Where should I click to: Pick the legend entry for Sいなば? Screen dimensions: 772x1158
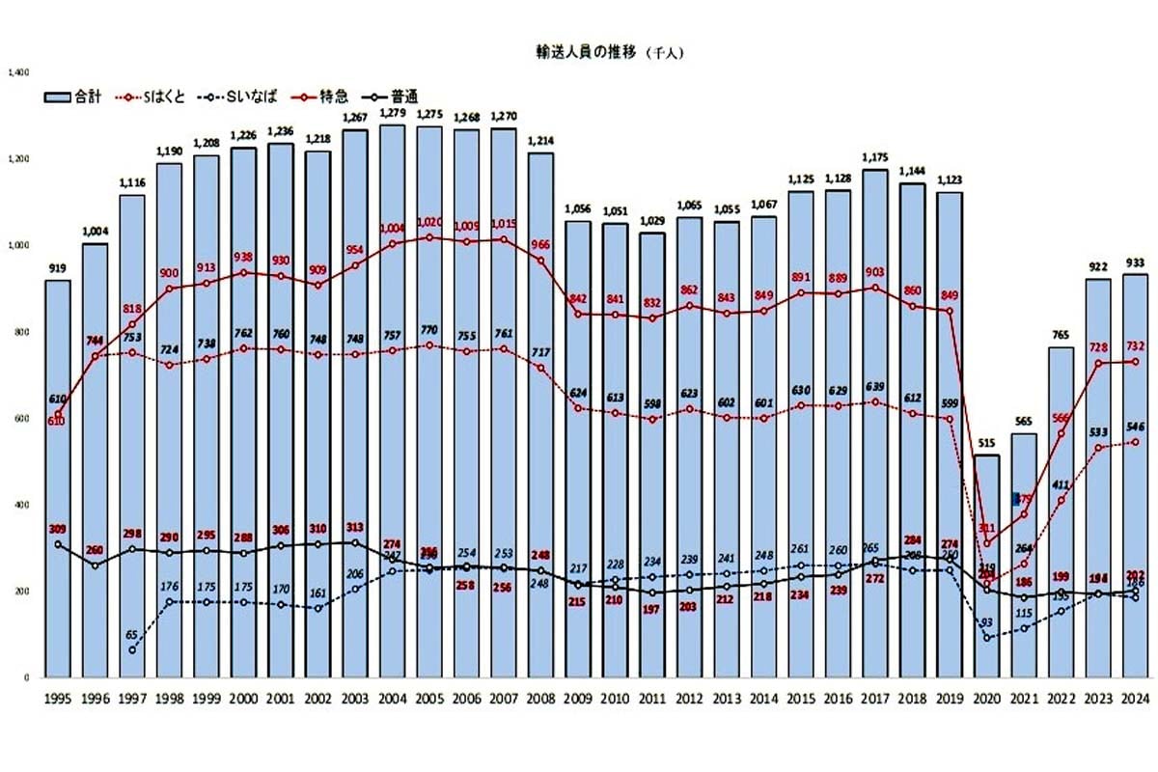tap(241, 96)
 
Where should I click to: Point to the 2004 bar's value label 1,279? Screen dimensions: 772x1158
tap(392, 114)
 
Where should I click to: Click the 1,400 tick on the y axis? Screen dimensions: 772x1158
tap(19, 71)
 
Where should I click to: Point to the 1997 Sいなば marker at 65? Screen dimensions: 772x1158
tap(131, 649)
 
